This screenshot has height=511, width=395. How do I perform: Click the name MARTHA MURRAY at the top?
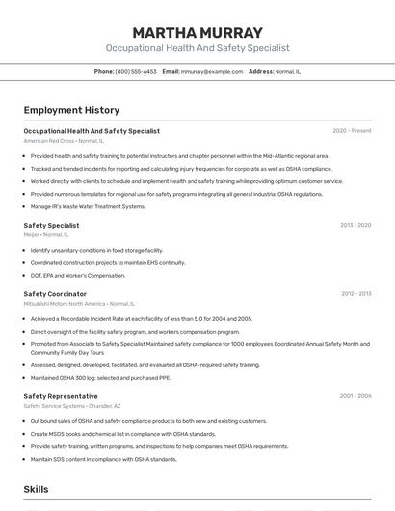[x=197, y=33]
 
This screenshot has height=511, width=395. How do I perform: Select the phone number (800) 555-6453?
[x=136, y=71]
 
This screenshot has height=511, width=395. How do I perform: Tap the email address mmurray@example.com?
[x=212, y=71]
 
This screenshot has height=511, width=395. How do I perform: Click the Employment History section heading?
[x=71, y=110]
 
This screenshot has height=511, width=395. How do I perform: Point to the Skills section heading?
[x=37, y=490]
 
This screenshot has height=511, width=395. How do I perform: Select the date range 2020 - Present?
[x=352, y=131]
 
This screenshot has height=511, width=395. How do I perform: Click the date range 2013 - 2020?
[x=355, y=225]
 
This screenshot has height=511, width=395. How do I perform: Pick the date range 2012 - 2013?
[x=355, y=293]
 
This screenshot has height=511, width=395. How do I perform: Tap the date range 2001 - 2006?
[x=355, y=396]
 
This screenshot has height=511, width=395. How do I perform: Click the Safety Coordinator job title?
[x=55, y=293]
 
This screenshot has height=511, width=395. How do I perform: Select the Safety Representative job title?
[x=61, y=396]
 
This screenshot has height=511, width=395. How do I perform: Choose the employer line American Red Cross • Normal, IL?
[x=64, y=140]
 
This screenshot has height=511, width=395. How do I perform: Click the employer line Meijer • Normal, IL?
[x=45, y=233]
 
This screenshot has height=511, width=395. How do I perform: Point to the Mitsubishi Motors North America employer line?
[x=79, y=303]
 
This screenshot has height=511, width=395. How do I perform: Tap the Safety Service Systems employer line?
[x=72, y=406]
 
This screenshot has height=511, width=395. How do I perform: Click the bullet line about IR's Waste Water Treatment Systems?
[x=88, y=206]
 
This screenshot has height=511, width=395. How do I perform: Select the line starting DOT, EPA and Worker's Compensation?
[x=85, y=275]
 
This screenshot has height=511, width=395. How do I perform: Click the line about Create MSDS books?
[x=122, y=434]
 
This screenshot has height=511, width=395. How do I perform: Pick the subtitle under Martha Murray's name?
[x=197, y=48]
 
